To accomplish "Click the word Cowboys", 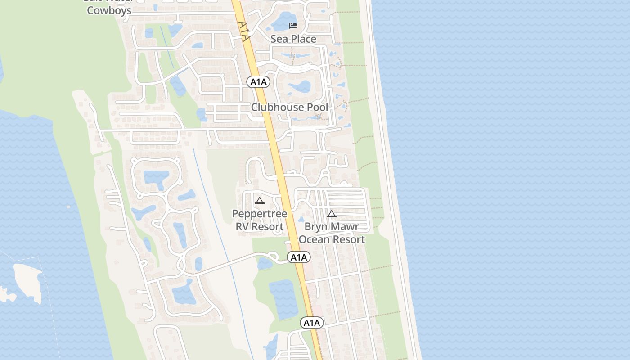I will pyautogui.click(x=109, y=10).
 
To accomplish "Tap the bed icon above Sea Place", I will pyautogui.click(x=293, y=26).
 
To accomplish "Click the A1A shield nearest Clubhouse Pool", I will pyautogui.click(x=258, y=82).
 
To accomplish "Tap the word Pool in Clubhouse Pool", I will pyautogui.click(x=317, y=107).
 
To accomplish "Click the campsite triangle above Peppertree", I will pyautogui.click(x=259, y=201).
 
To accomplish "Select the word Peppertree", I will pyautogui.click(x=260, y=214).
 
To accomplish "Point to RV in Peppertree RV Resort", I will pyautogui.click(x=243, y=226).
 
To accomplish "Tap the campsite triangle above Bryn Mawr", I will pyautogui.click(x=332, y=214).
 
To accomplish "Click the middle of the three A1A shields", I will pyautogui.click(x=299, y=257).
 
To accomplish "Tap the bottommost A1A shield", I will pyautogui.click(x=311, y=323).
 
